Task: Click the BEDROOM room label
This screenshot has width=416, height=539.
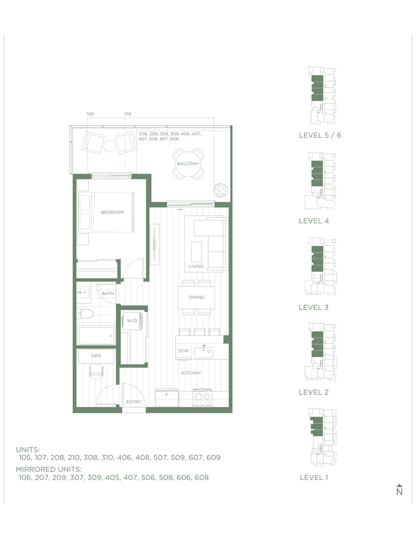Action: pyautogui.click(x=113, y=212)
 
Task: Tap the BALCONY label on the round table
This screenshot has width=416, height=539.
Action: pyautogui.click(x=188, y=164)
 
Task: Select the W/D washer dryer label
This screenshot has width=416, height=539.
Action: pyautogui.click(x=132, y=321)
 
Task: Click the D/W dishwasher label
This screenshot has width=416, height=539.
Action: pyautogui.click(x=184, y=351)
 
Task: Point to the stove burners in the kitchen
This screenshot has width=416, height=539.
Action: pyautogui.click(x=202, y=398)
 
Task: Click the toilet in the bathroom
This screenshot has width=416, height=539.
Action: pyautogui.click(x=85, y=314)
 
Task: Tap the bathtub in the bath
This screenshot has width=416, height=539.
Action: pyautogui.click(x=96, y=336)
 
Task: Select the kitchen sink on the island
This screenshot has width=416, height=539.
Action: pyautogui.click(x=204, y=352)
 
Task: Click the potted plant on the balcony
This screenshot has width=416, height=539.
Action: pyautogui.click(x=220, y=190)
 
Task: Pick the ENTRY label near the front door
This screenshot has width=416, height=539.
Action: pyautogui.click(x=133, y=402)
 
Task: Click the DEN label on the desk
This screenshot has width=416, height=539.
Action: pyautogui.click(x=96, y=356)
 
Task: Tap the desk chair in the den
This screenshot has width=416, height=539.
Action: pyautogui.click(x=96, y=371)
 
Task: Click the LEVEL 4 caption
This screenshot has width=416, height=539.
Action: pyautogui.click(x=313, y=221)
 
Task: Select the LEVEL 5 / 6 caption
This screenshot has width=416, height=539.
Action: pyautogui.click(x=320, y=135)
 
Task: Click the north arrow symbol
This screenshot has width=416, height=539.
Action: pyautogui.click(x=399, y=490)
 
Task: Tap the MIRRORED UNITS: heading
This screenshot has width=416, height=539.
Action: pyautogui.click(x=49, y=469)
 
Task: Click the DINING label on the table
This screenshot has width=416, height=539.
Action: pyautogui.click(x=197, y=297)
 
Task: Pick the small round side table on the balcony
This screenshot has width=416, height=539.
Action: pyautogui.click(x=110, y=146)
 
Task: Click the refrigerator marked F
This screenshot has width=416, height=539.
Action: pyautogui.click(x=167, y=398)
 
